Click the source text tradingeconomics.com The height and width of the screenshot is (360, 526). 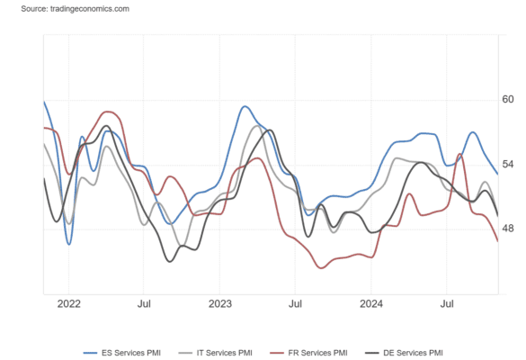[x=90, y=9]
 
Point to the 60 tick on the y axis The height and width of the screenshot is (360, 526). [x=508, y=99]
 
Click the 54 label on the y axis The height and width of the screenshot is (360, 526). [x=508, y=164]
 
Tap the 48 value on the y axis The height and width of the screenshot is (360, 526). [x=508, y=229]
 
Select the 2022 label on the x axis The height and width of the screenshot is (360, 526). [x=68, y=304]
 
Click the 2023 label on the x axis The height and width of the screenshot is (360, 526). [x=220, y=304]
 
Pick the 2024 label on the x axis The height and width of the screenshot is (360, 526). [x=371, y=304]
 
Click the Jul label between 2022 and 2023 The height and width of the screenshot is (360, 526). [x=144, y=304]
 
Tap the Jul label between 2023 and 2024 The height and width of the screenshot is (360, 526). [x=295, y=304]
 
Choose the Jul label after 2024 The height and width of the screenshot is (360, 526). [x=447, y=304]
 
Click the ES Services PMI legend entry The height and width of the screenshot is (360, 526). [x=122, y=353]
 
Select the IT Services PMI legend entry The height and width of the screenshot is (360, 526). [x=216, y=353]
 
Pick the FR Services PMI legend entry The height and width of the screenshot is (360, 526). [x=308, y=353]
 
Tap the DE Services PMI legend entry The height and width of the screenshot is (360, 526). [x=404, y=353]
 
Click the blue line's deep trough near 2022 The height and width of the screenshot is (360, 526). [x=68, y=244]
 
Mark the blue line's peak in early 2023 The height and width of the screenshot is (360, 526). [x=245, y=107]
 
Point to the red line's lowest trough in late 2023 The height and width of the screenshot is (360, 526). [x=321, y=267]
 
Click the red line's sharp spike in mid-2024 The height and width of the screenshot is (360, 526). [x=460, y=154]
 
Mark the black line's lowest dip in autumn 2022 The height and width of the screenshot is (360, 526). [x=170, y=261]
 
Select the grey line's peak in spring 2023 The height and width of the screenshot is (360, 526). [x=257, y=126]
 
